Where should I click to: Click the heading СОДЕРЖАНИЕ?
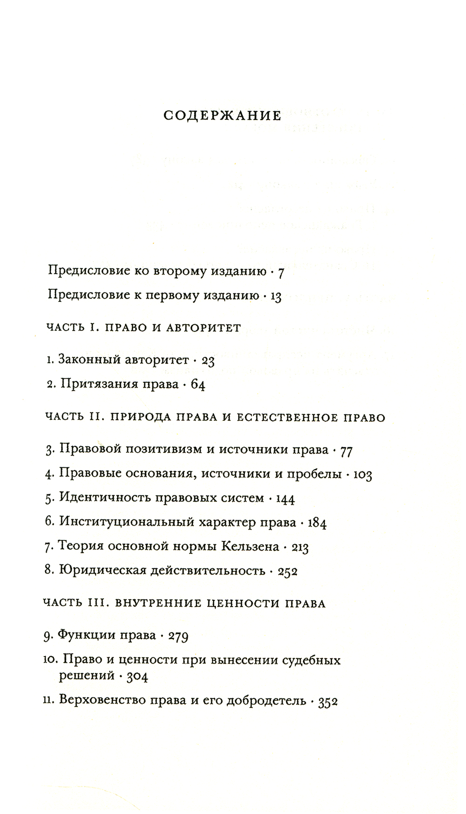[x=222, y=116]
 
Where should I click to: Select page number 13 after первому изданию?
[x=276, y=297]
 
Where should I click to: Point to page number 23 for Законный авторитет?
[x=208, y=361]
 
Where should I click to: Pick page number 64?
[x=198, y=385]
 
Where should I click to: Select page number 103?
[x=363, y=475]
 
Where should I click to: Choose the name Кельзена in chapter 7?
[x=250, y=546]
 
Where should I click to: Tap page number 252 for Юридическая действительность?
[x=288, y=571]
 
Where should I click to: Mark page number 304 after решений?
[x=137, y=677]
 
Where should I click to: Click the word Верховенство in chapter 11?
[x=99, y=700]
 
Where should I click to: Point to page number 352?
[x=328, y=702]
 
